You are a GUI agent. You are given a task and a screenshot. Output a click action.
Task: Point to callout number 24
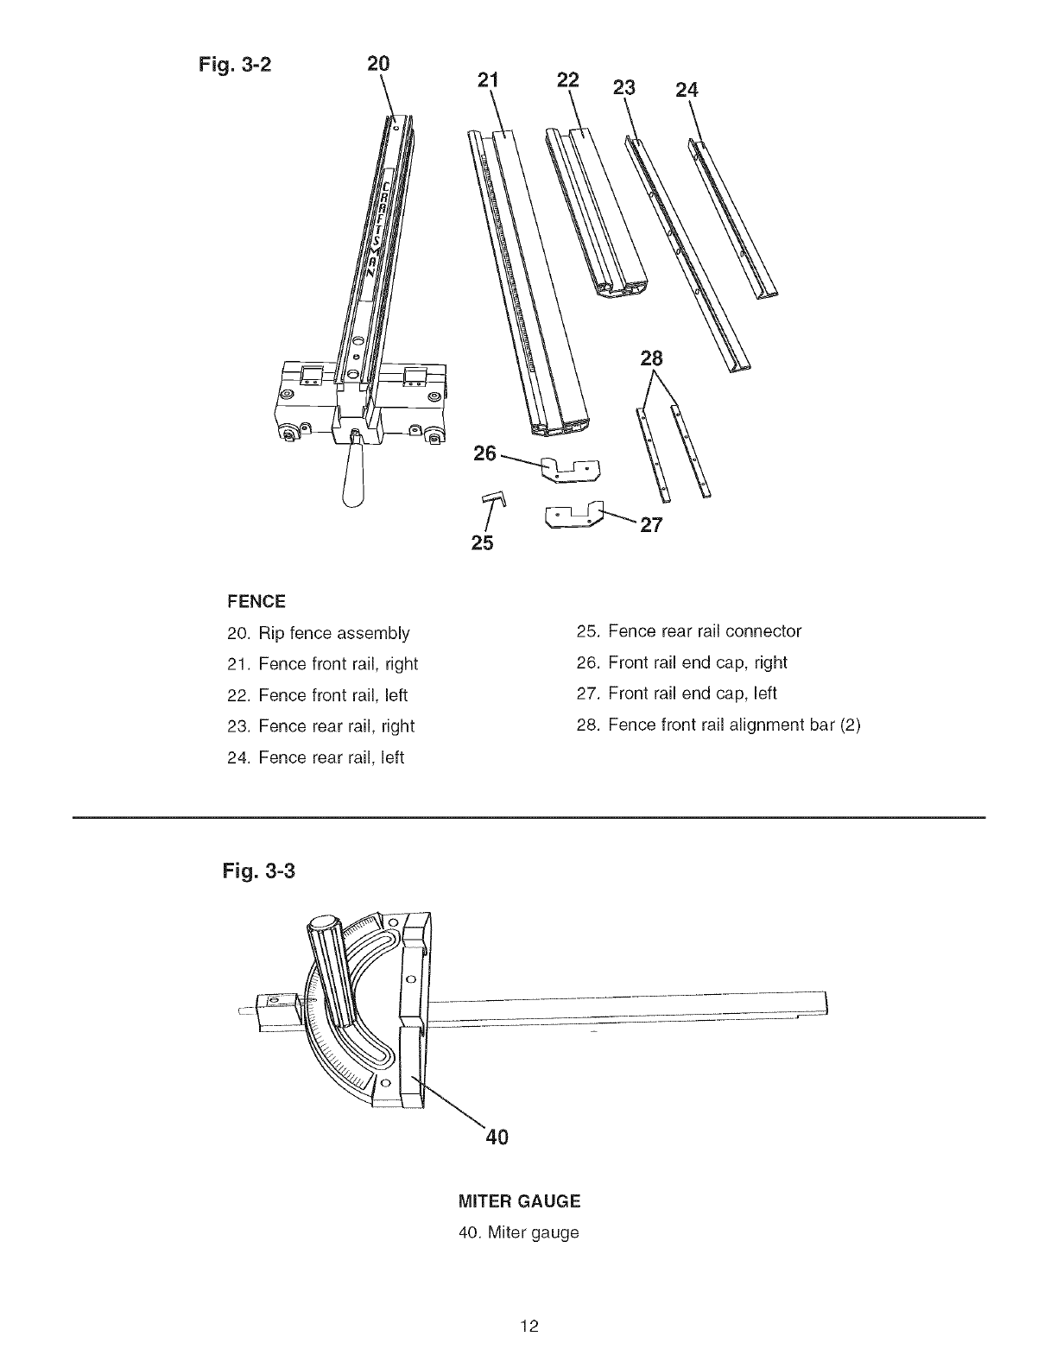687,91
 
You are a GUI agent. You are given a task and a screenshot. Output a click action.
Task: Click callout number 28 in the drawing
651,358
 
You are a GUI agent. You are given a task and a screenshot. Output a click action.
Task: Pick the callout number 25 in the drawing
483,543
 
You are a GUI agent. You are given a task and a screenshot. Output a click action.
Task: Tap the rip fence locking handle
356,478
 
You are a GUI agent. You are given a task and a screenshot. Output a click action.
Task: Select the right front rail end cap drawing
569,469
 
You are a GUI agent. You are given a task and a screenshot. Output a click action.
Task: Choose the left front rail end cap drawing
574,516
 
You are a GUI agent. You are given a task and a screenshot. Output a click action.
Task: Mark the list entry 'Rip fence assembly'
317,633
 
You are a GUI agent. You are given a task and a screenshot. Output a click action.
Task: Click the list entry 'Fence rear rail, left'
314,758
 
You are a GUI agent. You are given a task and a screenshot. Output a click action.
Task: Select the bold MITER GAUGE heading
519,1201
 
